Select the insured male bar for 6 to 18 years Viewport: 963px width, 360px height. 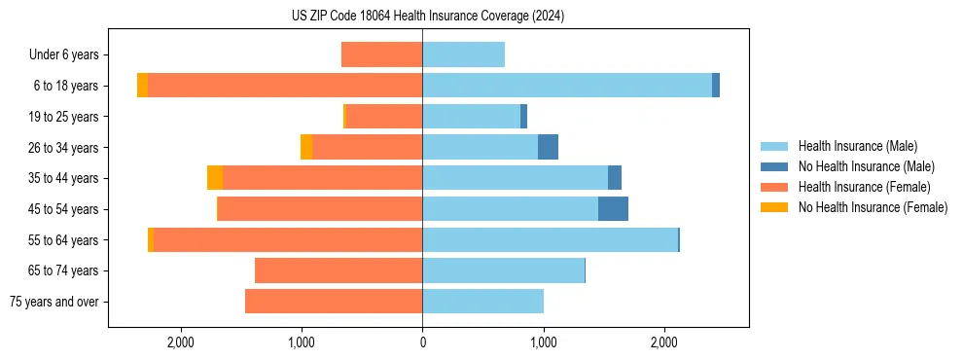click(x=566, y=85)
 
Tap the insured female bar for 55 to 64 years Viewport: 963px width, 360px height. click(x=288, y=239)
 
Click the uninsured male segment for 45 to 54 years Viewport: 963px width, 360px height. click(x=613, y=208)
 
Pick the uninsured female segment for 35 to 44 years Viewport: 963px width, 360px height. click(x=215, y=177)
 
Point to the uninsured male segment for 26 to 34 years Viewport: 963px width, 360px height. click(x=548, y=147)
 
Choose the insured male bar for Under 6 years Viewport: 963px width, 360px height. click(x=463, y=54)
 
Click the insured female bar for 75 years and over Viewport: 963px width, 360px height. click(x=334, y=302)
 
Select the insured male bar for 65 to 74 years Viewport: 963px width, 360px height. click(x=503, y=270)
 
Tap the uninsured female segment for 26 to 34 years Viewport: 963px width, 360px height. click(x=306, y=147)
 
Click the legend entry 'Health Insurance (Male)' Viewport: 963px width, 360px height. click(x=857, y=146)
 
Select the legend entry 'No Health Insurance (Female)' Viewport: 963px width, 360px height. click(x=873, y=207)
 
